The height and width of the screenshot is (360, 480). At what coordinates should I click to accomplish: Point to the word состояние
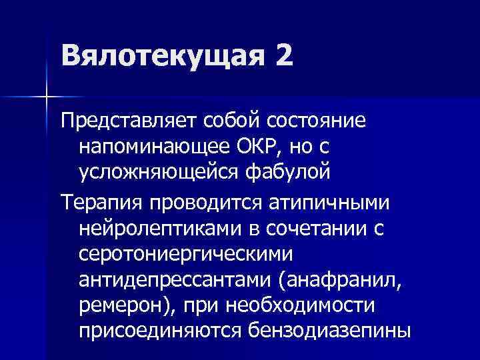tap(305, 123)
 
